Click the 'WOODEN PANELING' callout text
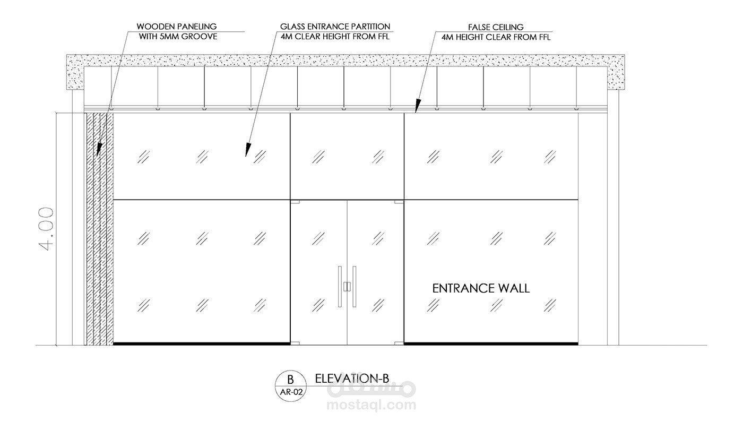click(176, 26)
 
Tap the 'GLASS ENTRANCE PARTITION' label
click(335, 26)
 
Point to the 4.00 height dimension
click(46, 228)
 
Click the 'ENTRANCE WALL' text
click(481, 288)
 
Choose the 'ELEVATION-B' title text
click(352, 378)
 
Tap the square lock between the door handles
click(347, 287)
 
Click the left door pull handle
click(340, 286)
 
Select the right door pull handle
click(355, 286)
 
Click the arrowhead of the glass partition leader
click(247, 153)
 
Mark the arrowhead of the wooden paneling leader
click(98, 153)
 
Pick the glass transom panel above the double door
click(347, 156)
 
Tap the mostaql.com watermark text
click(371, 406)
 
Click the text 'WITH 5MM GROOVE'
click(178, 37)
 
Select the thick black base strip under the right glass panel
click(491, 343)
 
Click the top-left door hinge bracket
click(295, 202)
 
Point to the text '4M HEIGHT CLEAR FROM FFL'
click(496, 37)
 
